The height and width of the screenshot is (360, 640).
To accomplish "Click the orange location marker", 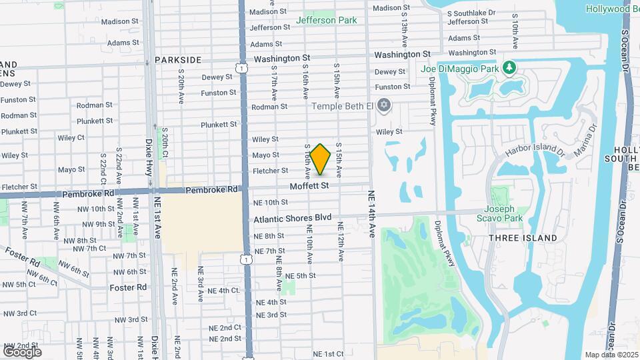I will pyautogui.click(x=321, y=159).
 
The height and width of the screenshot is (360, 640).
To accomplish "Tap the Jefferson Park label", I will pyautogui.click(x=326, y=20).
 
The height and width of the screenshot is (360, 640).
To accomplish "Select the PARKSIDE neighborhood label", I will pyautogui.click(x=178, y=60).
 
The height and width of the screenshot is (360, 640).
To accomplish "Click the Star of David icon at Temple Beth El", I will pyautogui.click(x=383, y=105).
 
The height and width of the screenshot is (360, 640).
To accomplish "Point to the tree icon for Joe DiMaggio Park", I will pyautogui.click(x=509, y=68).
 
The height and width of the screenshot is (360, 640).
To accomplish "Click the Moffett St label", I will pyautogui.click(x=309, y=186).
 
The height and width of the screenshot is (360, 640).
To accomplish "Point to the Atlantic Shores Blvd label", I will pyautogui.click(x=293, y=217).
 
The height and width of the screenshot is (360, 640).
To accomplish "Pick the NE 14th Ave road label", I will pyautogui.click(x=371, y=214).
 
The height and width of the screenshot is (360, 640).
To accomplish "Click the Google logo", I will pyautogui.click(x=23, y=351).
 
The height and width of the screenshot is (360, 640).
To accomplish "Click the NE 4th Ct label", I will pyautogui.click(x=223, y=291).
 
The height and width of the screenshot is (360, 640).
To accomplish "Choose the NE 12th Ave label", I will pyautogui.click(x=341, y=246).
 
